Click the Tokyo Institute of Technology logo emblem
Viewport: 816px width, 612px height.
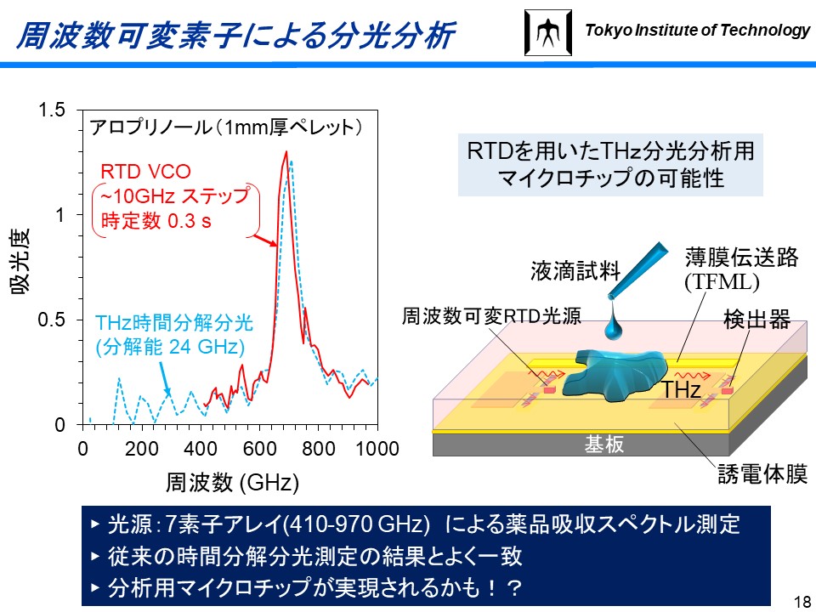pyautogui.click(x=548, y=32)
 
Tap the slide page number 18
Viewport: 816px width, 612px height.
pyautogui.click(x=803, y=599)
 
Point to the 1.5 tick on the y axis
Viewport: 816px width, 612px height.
pyautogui.click(x=52, y=110)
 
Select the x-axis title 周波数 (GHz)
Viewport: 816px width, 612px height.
pyautogui.click(x=232, y=483)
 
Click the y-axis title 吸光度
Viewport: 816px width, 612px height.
pyautogui.click(x=20, y=261)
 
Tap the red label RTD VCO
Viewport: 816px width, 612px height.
pyautogui.click(x=145, y=171)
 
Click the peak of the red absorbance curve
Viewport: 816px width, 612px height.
pyautogui.click(x=286, y=151)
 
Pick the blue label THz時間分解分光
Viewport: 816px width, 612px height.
pyautogui.click(x=173, y=323)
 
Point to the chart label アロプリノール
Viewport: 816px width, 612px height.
pyautogui.click(x=151, y=127)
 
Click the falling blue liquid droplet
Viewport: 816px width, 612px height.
pyautogui.click(x=614, y=326)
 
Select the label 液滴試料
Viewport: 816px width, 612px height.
pyautogui.click(x=575, y=271)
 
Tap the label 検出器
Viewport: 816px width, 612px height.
pyautogui.click(x=756, y=319)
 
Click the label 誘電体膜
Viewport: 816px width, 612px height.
pyautogui.click(x=762, y=474)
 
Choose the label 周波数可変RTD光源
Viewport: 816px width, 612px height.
pyautogui.click(x=491, y=316)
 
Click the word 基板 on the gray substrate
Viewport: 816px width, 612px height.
pyautogui.click(x=603, y=444)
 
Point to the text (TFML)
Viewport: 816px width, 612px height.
pyautogui.click(x=722, y=281)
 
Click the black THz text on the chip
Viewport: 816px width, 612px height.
pyautogui.click(x=681, y=388)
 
